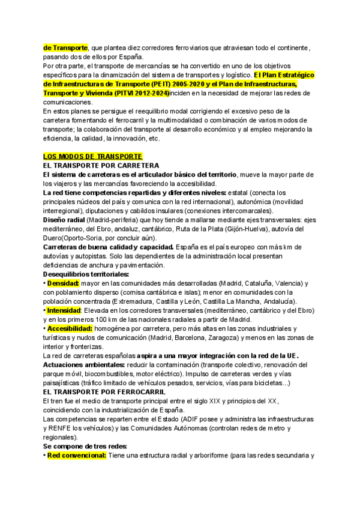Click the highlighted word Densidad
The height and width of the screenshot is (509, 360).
pyautogui.click(x=62, y=283)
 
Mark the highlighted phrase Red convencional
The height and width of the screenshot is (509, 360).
pyautogui.click(x=76, y=455)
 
